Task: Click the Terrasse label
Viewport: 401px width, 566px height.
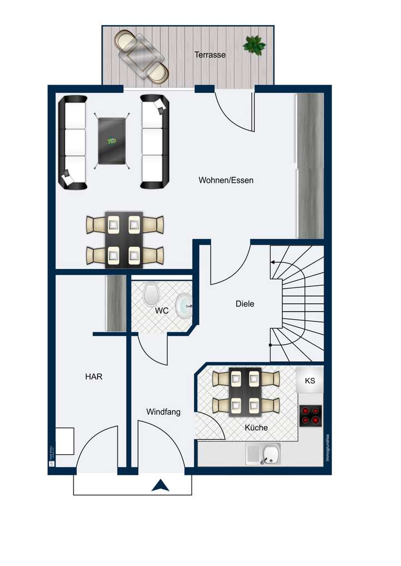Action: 210,55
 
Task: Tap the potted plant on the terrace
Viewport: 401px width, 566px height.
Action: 254,45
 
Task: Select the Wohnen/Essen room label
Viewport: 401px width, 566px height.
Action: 226,180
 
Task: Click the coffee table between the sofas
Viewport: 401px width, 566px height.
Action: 111,141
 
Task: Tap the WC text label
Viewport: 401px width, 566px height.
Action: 162,311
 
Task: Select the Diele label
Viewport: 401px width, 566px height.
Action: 245,304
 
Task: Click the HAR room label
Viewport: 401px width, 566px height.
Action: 94,376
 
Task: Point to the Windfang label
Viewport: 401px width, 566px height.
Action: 163,412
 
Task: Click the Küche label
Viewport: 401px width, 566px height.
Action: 256,428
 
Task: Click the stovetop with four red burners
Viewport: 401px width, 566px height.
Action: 311,416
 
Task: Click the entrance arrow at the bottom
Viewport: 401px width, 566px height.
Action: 161,485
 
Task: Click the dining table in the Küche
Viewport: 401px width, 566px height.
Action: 245,391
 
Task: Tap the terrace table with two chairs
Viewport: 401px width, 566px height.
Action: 142,56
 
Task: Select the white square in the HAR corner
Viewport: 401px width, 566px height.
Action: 65,440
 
